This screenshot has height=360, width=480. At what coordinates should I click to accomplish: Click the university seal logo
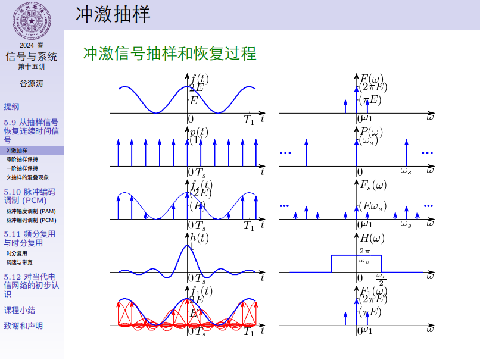pyautogui.click(x=32, y=21)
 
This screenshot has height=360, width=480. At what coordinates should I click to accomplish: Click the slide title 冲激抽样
pyautogui.click(x=113, y=14)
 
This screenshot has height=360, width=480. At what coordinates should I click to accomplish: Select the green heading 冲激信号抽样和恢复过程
pyautogui.click(x=170, y=54)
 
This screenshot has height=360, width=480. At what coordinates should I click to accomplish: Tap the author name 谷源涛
pyautogui.click(x=32, y=83)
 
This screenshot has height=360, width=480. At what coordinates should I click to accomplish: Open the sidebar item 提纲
pyautogui.click(x=11, y=107)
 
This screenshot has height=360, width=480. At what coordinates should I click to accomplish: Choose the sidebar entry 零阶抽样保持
pyautogui.click(x=22, y=159)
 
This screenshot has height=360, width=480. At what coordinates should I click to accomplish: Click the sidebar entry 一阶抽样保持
pyautogui.click(x=22, y=168)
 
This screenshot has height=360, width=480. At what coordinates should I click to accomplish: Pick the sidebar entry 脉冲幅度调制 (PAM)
pyautogui.click(x=31, y=211)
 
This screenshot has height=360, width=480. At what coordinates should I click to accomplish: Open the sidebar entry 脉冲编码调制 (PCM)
pyautogui.click(x=31, y=220)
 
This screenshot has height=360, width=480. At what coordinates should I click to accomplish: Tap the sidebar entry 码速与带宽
pyautogui.click(x=20, y=262)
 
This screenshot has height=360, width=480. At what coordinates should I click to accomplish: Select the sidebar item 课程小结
pyautogui.click(x=19, y=310)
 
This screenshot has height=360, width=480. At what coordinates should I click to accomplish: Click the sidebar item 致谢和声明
pyautogui.click(x=23, y=325)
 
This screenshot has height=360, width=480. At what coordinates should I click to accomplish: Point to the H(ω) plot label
pyautogui.click(x=373, y=238)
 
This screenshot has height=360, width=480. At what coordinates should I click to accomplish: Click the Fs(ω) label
pyautogui.click(x=373, y=184)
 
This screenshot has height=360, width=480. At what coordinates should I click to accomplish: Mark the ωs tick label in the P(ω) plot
pyautogui.click(x=406, y=171)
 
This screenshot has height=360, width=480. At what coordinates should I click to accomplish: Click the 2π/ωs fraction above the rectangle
pyautogui.click(x=364, y=256)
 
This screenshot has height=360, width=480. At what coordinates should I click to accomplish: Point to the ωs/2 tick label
pyautogui.click(x=382, y=279)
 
